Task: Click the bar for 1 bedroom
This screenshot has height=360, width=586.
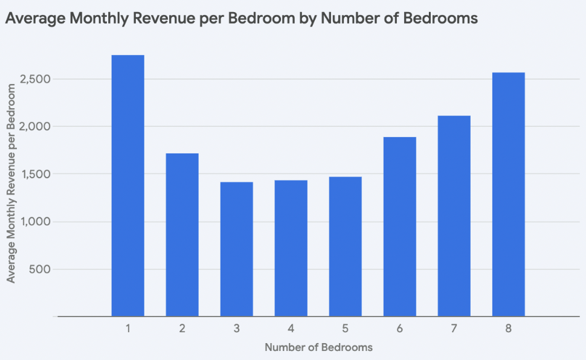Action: (128, 185)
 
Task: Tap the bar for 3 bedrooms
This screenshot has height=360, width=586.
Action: (237, 249)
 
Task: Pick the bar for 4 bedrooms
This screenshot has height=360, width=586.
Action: (291, 248)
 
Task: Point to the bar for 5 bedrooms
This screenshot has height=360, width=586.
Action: (346, 246)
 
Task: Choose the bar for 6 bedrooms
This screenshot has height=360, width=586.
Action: (400, 227)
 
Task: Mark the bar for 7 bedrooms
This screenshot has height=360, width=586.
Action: (454, 216)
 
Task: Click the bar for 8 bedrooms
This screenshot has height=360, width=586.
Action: (509, 194)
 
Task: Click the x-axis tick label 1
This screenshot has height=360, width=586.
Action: (128, 329)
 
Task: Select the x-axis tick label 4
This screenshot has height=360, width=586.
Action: (291, 329)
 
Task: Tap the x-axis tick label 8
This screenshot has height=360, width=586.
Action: (509, 329)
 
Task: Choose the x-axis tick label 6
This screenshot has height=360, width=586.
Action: (400, 329)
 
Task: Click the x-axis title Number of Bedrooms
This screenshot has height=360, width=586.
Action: (318, 347)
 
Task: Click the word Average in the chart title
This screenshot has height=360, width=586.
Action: (34, 19)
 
